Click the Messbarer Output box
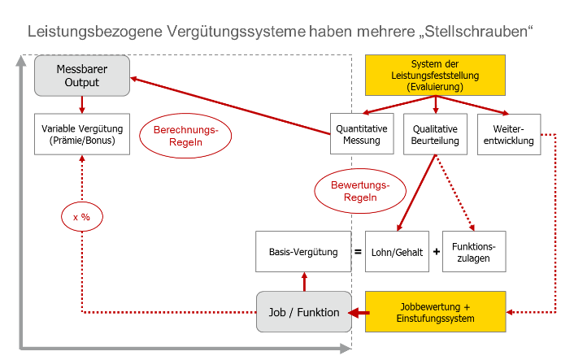tap(82, 75)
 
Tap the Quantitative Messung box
tap(362, 134)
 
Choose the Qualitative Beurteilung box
tap(435, 134)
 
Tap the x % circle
tap(81, 217)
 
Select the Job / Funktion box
tap(304, 311)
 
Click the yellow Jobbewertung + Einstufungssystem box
tap(436, 311)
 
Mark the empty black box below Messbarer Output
tap(82, 133)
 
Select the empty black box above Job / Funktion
tap(303, 251)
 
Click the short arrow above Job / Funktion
tap(304, 281)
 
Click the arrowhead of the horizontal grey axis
tap(346, 348)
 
